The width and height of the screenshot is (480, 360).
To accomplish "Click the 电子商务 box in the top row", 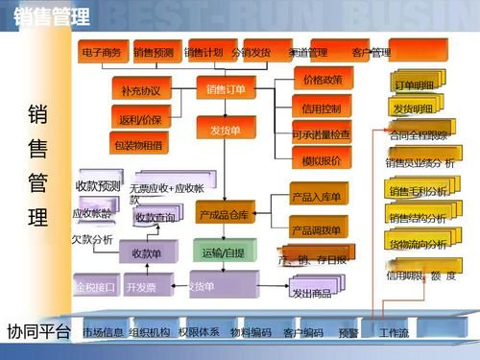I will (102, 52).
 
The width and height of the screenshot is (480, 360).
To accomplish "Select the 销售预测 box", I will (154, 52).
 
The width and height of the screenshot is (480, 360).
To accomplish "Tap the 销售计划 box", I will (204, 52).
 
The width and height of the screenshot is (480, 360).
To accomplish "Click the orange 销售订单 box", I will (226, 89).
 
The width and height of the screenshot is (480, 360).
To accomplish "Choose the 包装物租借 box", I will (138, 146).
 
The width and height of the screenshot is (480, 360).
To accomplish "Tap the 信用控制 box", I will (322, 108).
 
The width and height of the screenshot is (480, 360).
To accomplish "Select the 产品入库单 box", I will (317, 197).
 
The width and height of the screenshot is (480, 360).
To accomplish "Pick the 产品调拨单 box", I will (317, 230).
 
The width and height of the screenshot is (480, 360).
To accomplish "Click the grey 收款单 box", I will (146, 253).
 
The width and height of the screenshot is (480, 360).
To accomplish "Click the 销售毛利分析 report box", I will (419, 191).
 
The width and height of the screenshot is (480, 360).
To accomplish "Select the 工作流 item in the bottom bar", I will (394, 332).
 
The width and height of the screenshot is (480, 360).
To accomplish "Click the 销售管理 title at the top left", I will (54, 16).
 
